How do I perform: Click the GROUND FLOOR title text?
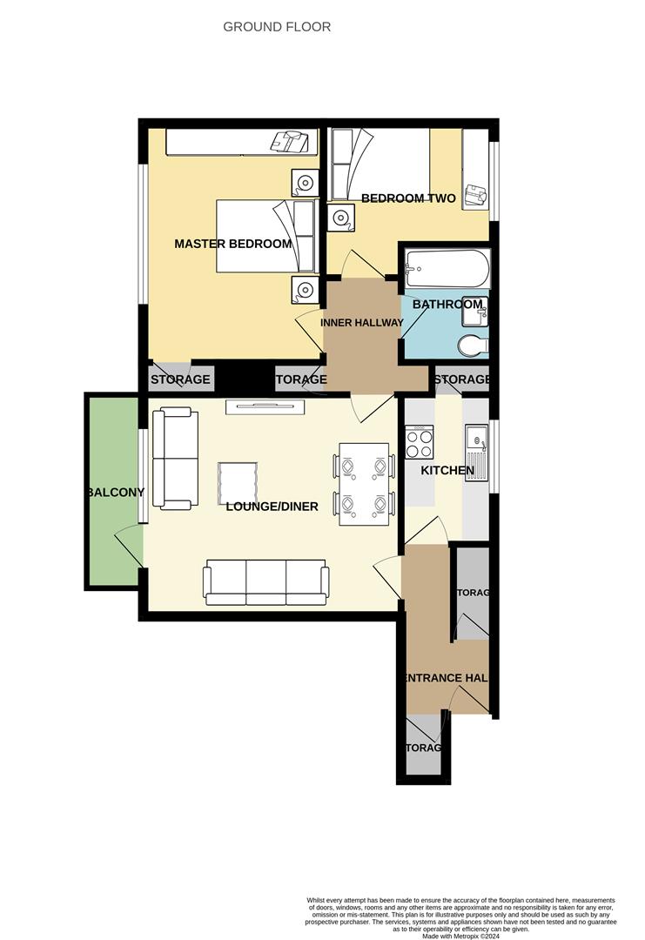click(x=277, y=27)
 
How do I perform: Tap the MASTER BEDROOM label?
click(x=233, y=244)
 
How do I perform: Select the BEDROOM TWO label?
click(x=408, y=198)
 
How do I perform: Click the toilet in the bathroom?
click(x=472, y=346)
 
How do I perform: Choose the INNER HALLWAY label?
click(x=362, y=323)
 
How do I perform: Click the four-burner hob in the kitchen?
click(x=420, y=441)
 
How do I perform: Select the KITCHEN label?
click(x=447, y=471)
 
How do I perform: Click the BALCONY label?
click(x=115, y=493)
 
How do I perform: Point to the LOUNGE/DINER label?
click(x=272, y=507)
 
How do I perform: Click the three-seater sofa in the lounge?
click(x=266, y=584)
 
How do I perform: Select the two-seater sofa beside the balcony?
click(x=172, y=459)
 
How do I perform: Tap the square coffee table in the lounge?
click(x=239, y=482)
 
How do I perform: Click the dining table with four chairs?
click(x=364, y=483)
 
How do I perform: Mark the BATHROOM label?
click(x=447, y=305)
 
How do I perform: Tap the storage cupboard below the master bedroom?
click(x=180, y=379)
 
